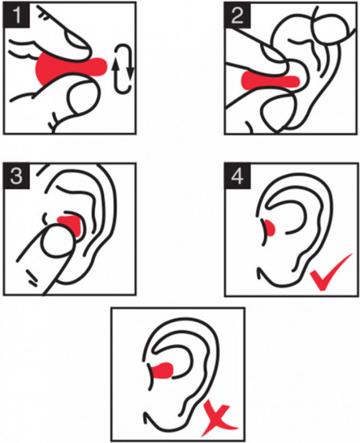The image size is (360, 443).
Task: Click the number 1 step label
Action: tap(16, 14)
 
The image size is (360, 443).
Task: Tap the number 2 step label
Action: tap(238, 14)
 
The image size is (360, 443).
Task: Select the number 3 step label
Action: tap(16, 176)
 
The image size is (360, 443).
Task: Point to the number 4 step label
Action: tap(238, 176)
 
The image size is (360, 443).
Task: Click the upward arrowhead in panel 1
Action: tap(115, 65)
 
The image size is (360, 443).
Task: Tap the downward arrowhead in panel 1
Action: tap(130, 74)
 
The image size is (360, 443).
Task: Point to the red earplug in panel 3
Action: tap(72, 224)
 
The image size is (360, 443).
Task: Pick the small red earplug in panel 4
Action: tap(270, 228)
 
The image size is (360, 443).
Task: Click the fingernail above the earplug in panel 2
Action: tap(273, 55)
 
